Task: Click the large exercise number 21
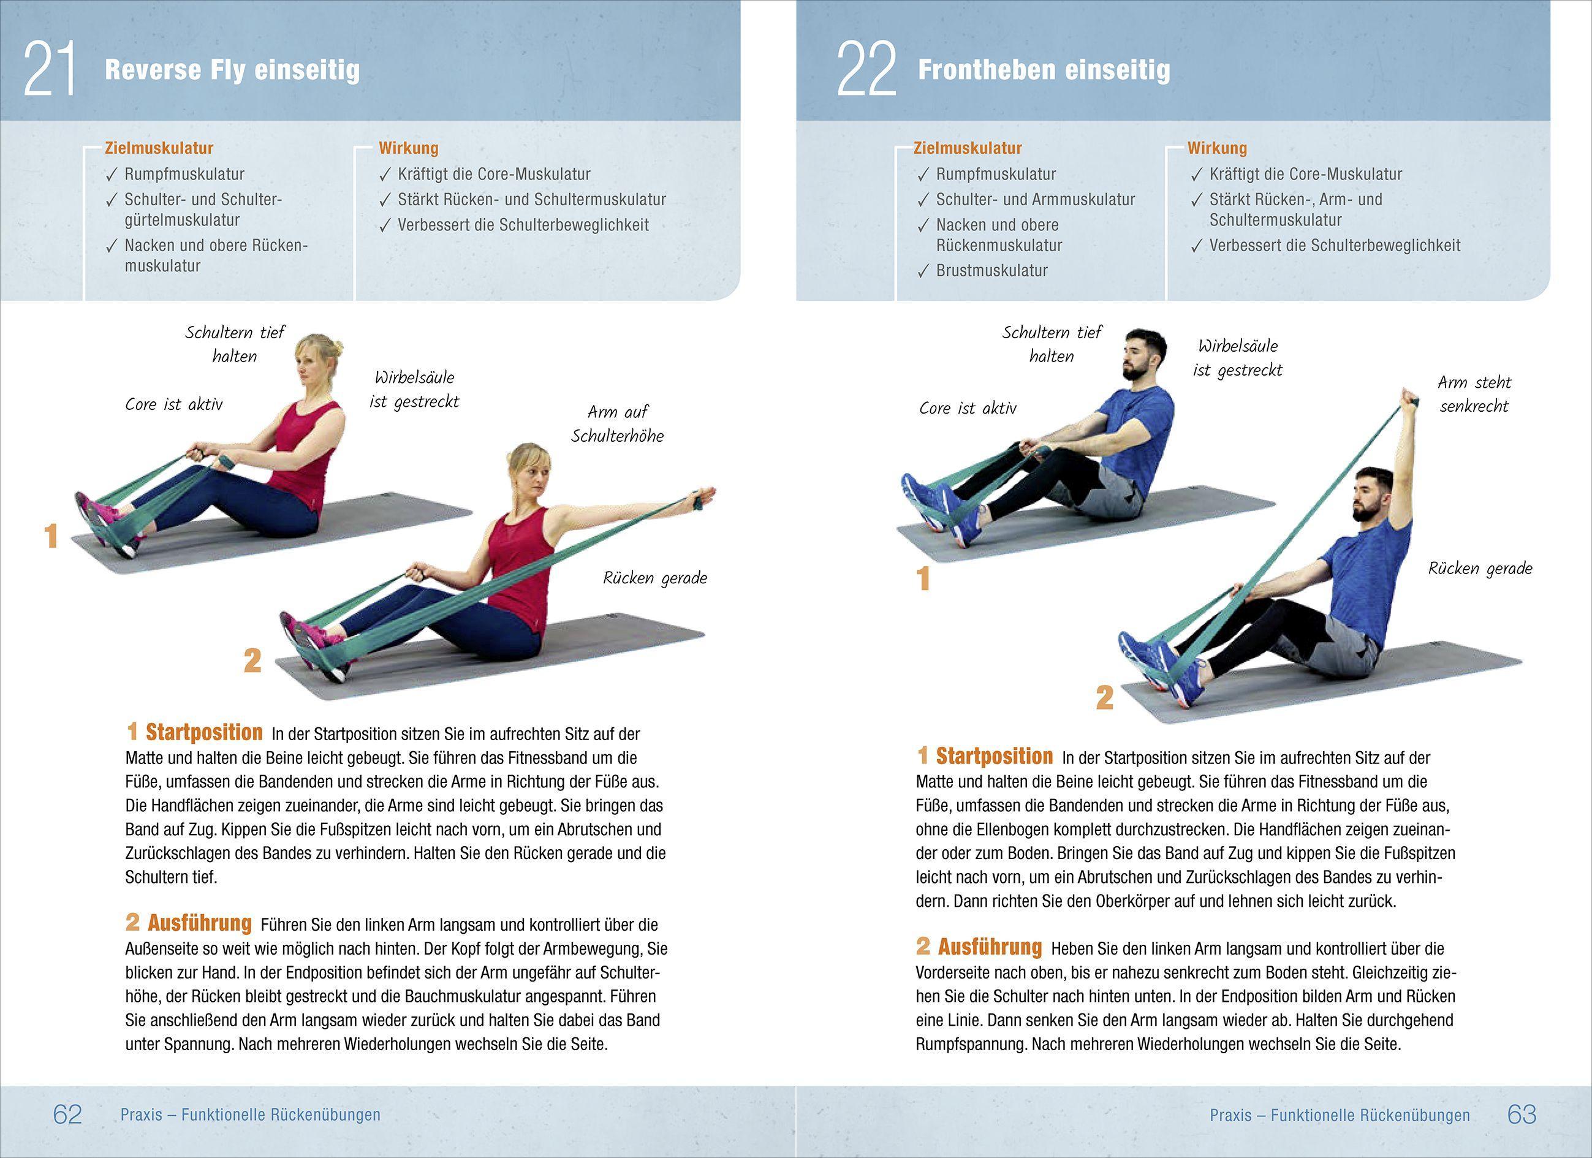pyautogui.click(x=49, y=69)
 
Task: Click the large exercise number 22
pyautogui.click(x=867, y=69)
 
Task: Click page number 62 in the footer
pyautogui.click(x=67, y=1114)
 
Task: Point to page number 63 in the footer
pyautogui.click(x=1522, y=1114)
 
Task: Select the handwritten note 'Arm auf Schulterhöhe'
pyautogui.click(x=617, y=423)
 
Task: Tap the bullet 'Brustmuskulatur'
pyautogui.click(x=991, y=271)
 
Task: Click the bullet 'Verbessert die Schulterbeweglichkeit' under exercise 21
pyautogui.click(x=523, y=225)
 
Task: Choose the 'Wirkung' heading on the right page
pyautogui.click(x=1216, y=148)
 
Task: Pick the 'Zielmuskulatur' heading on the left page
pyautogui.click(x=159, y=148)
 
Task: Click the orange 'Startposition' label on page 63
pyautogui.click(x=993, y=757)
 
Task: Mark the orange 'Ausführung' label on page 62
pyautogui.click(x=199, y=923)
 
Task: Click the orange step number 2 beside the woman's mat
pyautogui.click(x=252, y=660)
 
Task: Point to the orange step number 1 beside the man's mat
pyautogui.click(x=923, y=579)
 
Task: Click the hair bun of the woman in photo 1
pyautogui.click(x=337, y=347)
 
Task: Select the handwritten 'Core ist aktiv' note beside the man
pyautogui.click(x=968, y=409)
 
